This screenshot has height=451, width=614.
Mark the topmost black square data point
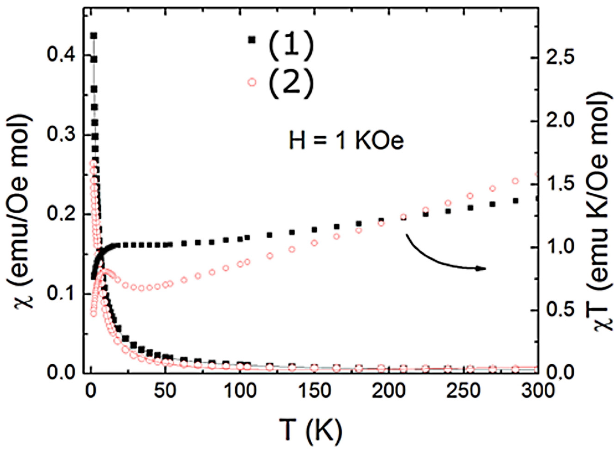pyautogui.click(x=94, y=35)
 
